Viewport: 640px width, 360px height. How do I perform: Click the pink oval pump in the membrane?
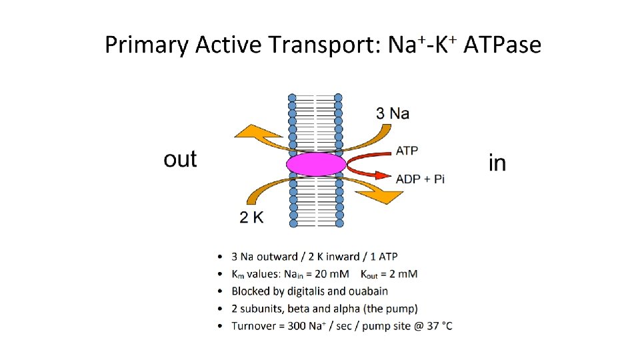pyautogui.click(x=316, y=164)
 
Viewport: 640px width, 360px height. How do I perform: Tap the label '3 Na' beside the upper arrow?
pyautogui.click(x=393, y=113)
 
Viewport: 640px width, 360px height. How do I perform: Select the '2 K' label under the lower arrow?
pyautogui.click(x=251, y=217)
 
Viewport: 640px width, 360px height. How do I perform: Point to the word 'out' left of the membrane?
pyautogui.click(x=180, y=159)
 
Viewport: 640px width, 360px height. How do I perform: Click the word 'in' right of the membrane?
pyautogui.click(x=497, y=163)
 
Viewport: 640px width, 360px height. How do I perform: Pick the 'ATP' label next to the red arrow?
pyautogui.click(x=407, y=151)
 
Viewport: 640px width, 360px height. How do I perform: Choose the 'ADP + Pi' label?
pyautogui.click(x=420, y=179)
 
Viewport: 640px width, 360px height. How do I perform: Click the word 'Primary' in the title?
pyautogui.click(x=147, y=45)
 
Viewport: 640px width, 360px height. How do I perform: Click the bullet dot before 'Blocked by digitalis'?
pyautogui.click(x=221, y=291)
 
